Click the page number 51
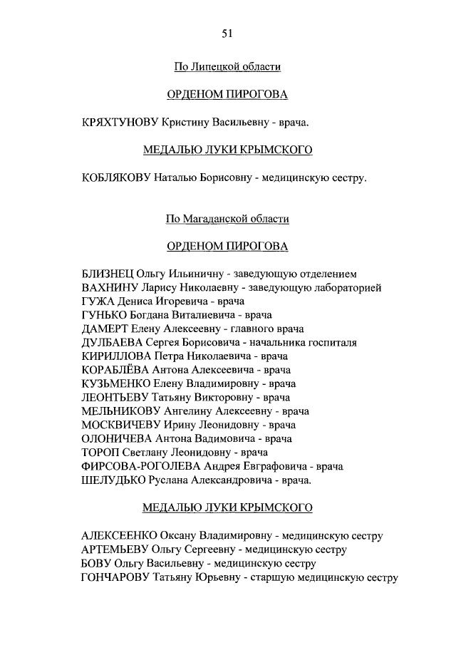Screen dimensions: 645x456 (228, 33)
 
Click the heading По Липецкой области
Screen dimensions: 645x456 (228, 67)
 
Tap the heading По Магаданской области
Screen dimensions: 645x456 (228, 219)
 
